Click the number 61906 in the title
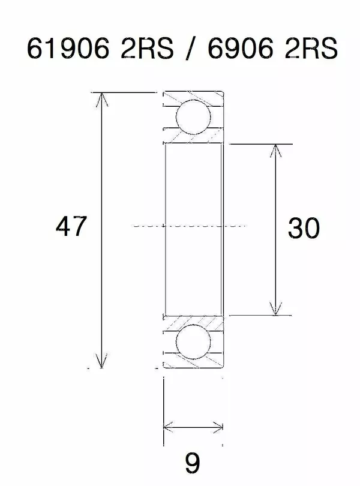click(67, 48)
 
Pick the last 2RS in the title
click(309, 48)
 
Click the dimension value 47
click(71, 227)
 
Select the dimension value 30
click(303, 228)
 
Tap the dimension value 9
click(192, 463)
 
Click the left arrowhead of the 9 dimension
click(169, 427)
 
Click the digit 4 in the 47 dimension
click(63, 227)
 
